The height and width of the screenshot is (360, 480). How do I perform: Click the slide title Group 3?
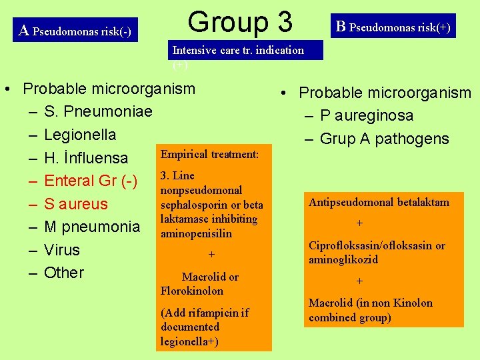click(240, 22)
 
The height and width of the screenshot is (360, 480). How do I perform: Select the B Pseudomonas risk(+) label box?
click(393, 27)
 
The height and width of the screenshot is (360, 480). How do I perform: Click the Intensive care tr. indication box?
click(244, 51)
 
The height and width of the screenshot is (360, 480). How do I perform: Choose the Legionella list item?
click(80, 135)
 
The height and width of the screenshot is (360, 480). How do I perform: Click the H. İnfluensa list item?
click(86, 158)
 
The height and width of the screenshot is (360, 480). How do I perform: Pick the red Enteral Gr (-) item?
click(91, 181)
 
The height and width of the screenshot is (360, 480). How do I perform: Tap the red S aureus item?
click(75, 204)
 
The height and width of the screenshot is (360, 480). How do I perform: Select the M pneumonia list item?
click(92, 227)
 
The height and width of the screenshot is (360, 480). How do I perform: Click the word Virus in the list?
click(62, 250)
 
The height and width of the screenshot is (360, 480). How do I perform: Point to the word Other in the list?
click(64, 273)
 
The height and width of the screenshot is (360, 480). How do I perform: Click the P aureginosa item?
click(367, 115)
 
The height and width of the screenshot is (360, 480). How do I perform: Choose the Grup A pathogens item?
click(385, 139)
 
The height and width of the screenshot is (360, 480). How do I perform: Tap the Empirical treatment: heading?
click(209, 154)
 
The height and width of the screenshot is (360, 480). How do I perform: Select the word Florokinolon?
click(192, 291)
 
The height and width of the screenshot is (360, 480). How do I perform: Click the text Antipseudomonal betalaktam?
click(379, 202)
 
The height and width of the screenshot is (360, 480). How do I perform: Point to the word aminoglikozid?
click(343, 259)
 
